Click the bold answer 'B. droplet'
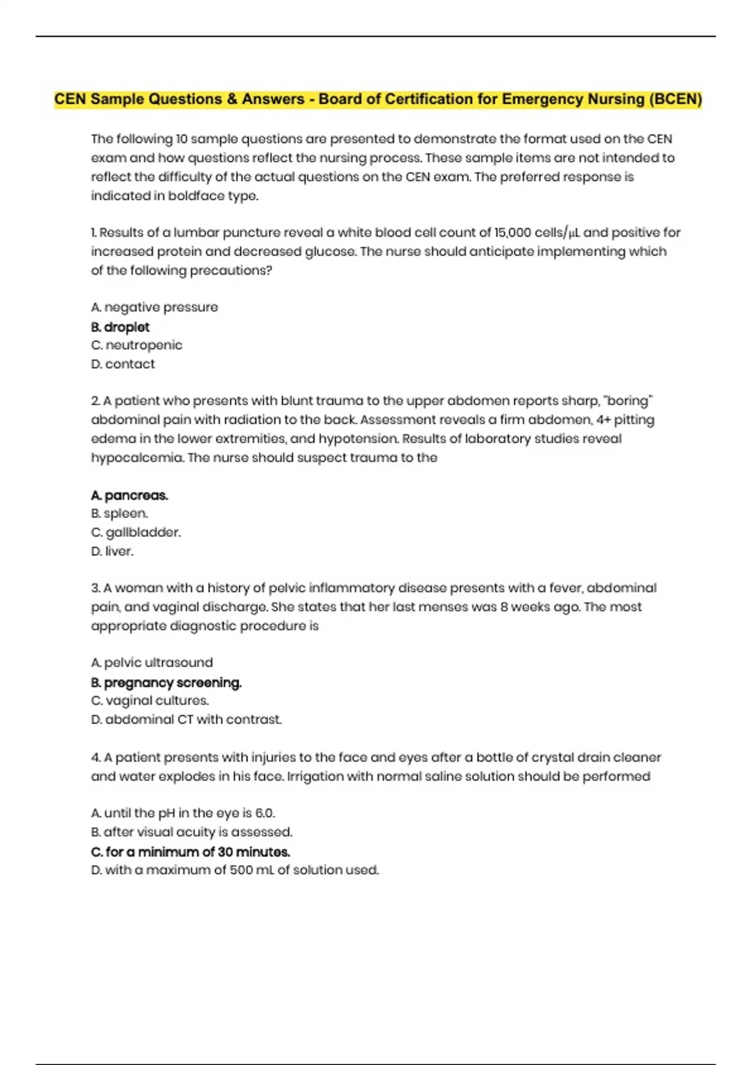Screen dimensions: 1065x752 point(120,327)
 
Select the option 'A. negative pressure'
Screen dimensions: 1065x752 point(154,308)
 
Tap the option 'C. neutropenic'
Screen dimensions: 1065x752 point(137,345)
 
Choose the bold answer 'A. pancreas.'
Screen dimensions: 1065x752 point(130,496)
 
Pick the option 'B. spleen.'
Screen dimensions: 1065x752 point(120,514)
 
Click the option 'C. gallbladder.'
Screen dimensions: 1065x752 point(136,532)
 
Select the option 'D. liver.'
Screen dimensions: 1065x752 point(112,551)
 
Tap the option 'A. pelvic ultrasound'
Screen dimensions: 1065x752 point(152,663)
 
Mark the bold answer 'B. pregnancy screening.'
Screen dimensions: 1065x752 point(166,683)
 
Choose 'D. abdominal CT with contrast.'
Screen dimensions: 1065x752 point(186,720)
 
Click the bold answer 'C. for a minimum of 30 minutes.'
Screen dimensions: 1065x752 point(191,852)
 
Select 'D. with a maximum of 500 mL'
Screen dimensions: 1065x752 point(235,870)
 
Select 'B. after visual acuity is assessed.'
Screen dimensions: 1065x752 point(192,833)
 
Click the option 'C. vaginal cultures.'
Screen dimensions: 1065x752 point(150,701)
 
